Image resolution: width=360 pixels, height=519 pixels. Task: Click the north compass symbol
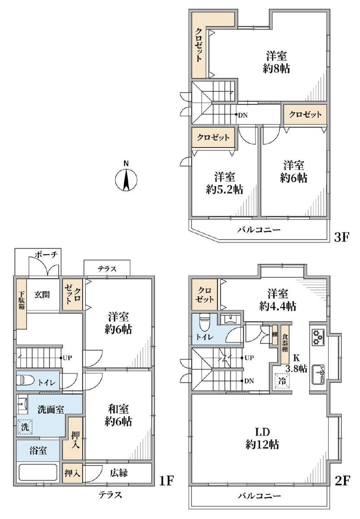click(x=126, y=179)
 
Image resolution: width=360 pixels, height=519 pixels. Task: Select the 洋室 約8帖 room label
click(x=276, y=62)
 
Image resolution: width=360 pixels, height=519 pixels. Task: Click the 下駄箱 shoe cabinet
click(x=22, y=303)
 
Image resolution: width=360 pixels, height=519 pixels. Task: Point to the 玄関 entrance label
click(x=42, y=295)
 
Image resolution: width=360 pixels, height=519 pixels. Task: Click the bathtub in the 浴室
click(x=38, y=472)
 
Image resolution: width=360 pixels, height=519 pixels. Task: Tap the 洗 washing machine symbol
click(x=25, y=427)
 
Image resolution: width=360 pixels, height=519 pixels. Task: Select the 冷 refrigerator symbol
click(x=282, y=381)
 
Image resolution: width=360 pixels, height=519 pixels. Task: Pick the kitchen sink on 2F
click(x=319, y=374)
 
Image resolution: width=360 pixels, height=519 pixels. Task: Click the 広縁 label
click(x=118, y=473)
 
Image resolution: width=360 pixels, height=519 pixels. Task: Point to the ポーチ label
click(x=46, y=255)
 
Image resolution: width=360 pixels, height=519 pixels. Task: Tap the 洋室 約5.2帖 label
click(x=224, y=183)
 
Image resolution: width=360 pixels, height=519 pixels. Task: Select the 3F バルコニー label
click(x=259, y=230)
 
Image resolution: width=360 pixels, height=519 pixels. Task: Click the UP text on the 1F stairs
click(x=67, y=358)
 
